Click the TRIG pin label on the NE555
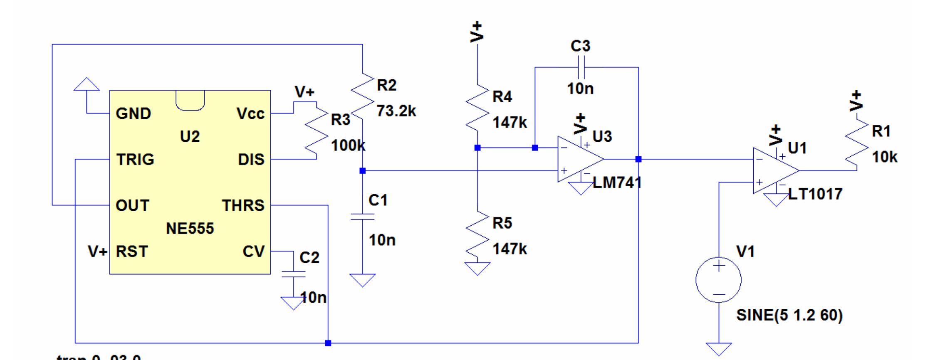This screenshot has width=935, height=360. point(135,160)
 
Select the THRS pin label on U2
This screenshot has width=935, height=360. point(243,205)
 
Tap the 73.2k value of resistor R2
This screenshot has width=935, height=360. point(396,111)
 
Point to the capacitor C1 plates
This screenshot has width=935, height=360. point(362,217)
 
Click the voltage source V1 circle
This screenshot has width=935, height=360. point(718,279)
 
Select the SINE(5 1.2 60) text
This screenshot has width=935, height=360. point(789,315)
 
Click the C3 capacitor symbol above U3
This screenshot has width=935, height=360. point(581,67)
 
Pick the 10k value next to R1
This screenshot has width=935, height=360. point(884,158)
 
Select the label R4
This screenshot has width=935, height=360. point(502,97)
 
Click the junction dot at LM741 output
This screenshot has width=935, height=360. point(638,159)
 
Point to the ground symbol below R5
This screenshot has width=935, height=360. point(477,269)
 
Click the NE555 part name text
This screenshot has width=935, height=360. point(190,228)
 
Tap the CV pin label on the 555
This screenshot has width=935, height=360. point(253,252)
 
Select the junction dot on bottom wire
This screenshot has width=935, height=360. point(328,343)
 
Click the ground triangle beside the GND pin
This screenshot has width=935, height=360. point(87,84)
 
